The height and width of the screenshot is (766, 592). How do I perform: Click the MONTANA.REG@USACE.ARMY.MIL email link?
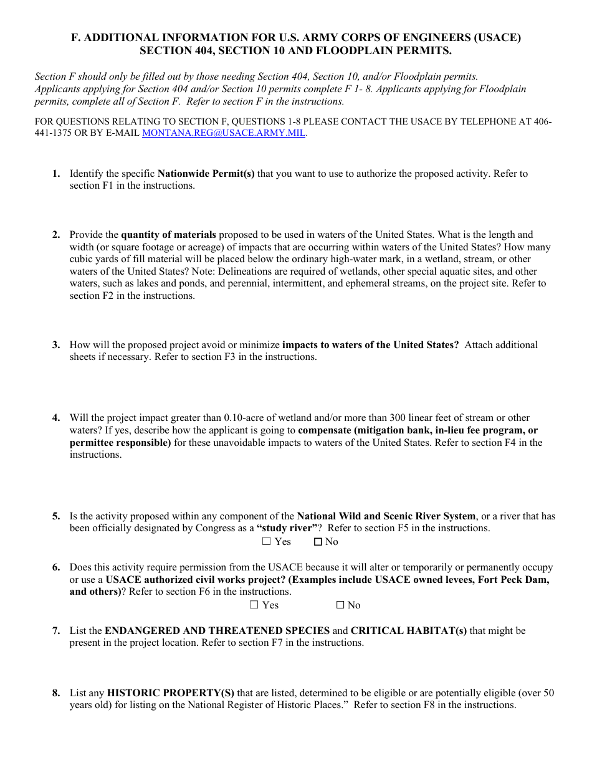(x=224, y=133)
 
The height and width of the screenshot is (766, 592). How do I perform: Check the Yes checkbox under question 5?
(x=267, y=542)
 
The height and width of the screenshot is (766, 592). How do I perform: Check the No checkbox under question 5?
(x=318, y=542)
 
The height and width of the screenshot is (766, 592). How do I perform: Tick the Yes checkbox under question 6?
(x=254, y=605)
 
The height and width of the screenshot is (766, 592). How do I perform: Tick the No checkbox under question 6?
(x=340, y=605)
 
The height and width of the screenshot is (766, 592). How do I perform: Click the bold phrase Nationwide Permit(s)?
(x=206, y=174)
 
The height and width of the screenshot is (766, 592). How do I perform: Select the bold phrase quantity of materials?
(x=168, y=235)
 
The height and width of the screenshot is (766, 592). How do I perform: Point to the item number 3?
(x=56, y=345)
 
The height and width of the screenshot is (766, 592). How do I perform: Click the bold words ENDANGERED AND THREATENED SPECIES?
(x=217, y=631)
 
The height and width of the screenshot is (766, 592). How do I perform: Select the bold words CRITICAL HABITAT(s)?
(x=409, y=631)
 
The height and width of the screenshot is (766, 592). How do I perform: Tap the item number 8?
(x=56, y=693)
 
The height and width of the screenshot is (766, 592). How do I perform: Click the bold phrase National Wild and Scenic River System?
(x=386, y=516)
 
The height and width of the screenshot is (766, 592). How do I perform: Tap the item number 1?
(x=56, y=174)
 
